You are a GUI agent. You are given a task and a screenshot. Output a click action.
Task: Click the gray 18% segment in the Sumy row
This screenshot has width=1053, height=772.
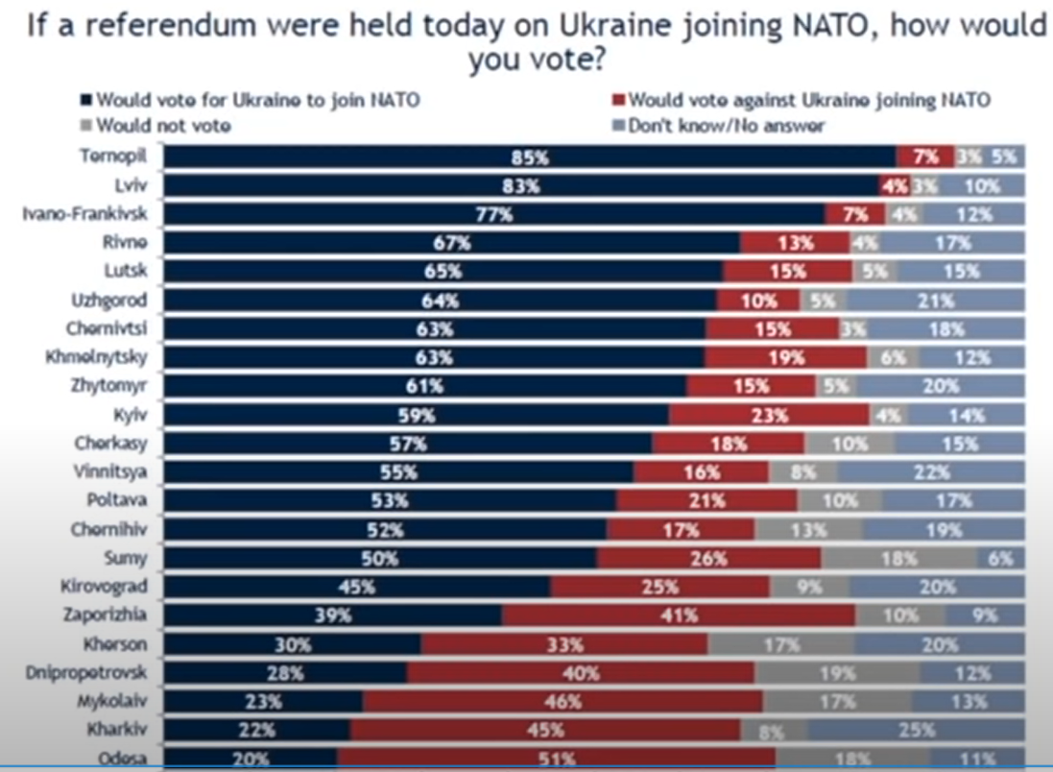(898, 558)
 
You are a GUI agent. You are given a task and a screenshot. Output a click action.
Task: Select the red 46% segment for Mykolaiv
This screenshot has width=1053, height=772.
(562, 701)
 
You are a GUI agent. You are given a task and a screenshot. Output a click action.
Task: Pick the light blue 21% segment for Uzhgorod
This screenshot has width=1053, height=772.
(934, 301)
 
